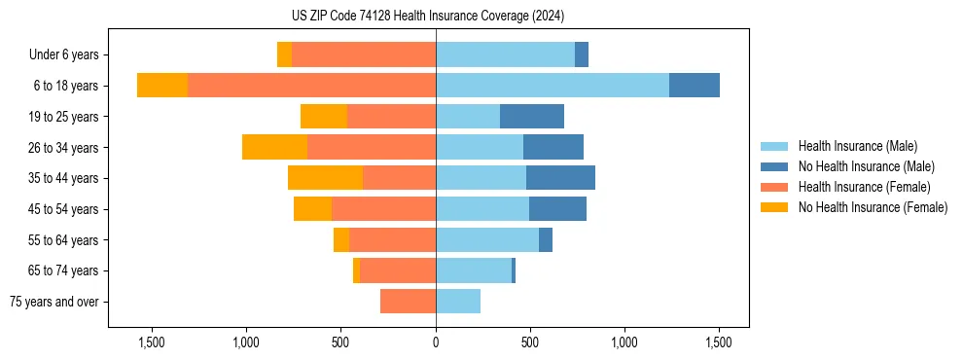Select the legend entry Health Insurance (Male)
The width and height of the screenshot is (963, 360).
857,146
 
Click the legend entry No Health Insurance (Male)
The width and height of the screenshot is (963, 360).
866,166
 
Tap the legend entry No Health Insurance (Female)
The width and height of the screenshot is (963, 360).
873,207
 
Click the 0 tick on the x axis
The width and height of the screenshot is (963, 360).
436,343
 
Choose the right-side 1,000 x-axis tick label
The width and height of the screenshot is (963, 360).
624,343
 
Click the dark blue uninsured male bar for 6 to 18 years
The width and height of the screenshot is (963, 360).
695,86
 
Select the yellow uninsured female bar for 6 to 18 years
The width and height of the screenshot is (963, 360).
162,86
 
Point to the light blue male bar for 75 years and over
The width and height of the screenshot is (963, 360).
458,302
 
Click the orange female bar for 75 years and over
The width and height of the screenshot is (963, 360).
408,302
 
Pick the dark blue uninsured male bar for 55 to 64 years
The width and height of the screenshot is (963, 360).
546,239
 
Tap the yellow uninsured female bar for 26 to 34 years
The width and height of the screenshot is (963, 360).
274,147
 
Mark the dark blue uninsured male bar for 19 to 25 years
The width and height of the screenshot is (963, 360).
532,117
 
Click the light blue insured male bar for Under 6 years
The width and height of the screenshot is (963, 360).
505,55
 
